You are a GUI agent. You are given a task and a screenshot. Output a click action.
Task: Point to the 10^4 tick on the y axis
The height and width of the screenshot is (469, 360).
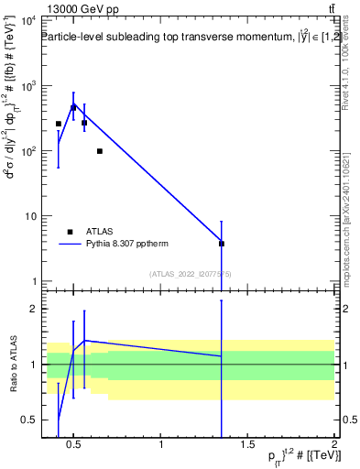pyautogui.click(x=27, y=21)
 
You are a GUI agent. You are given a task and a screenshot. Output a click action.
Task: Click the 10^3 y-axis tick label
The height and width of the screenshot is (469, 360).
pyautogui.click(x=27, y=86)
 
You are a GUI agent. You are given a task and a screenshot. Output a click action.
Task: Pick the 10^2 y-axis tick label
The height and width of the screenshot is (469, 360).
pyautogui.click(x=27, y=151)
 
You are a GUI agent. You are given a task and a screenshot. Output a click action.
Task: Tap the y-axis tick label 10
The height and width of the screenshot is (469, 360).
pyautogui.click(x=29, y=216)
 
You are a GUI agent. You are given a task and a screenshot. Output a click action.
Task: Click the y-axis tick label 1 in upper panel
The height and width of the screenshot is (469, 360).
pyautogui.click(x=33, y=281)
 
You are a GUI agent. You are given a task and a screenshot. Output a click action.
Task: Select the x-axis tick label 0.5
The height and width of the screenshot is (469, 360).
pyautogui.click(x=75, y=445)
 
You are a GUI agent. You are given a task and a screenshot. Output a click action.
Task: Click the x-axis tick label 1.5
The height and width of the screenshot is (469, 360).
pyautogui.click(x=247, y=445)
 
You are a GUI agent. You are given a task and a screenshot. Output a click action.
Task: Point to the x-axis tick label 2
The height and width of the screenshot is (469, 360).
pyautogui.click(x=333, y=445)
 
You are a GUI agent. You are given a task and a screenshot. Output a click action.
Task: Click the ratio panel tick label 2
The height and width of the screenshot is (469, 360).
pyautogui.click(x=33, y=309)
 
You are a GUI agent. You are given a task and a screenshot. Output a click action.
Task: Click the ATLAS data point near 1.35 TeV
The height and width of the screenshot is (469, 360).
pyautogui.click(x=222, y=244)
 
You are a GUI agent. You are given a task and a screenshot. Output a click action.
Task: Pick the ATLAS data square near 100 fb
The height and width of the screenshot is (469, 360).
pyautogui.click(x=99, y=151)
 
